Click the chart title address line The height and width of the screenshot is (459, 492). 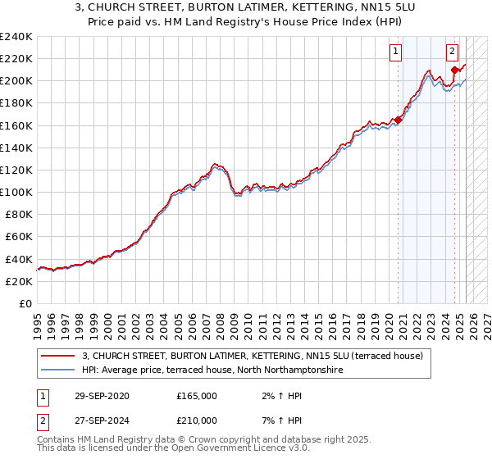click(245, 8)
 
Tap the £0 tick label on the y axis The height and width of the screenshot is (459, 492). click(25, 303)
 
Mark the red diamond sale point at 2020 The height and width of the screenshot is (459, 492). click(399, 120)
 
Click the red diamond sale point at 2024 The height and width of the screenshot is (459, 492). click(454, 70)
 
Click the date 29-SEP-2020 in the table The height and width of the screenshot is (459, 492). click(101, 395)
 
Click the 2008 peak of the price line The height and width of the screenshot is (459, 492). click(215, 164)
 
